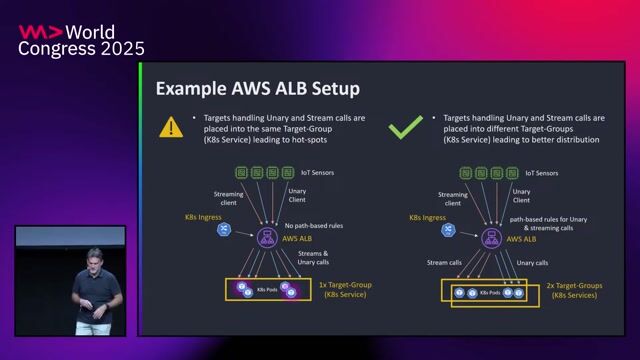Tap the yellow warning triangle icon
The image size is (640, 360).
(172, 127)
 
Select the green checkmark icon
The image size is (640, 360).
(405, 127)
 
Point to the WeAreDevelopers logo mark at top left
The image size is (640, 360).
(39, 31)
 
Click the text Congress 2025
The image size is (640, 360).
(81, 48)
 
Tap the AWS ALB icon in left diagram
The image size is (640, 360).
(268, 236)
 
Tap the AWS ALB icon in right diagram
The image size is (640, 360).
(491, 236)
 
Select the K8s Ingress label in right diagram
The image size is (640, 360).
(428, 216)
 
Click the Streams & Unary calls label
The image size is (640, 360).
(313, 258)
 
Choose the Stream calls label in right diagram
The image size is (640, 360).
(444, 263)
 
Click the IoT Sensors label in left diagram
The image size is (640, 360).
(317, 173)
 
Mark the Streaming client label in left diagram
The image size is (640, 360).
(228, 199)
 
